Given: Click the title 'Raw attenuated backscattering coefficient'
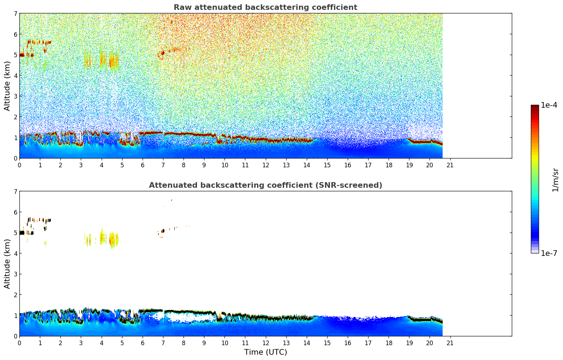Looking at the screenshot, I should pos(265,7).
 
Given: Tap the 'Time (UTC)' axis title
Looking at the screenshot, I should pos(265,352).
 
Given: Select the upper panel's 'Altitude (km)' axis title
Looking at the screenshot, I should pos(7,86).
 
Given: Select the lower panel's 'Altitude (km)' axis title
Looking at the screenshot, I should pos(7,264).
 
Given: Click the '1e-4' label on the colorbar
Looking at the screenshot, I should pos(549,105).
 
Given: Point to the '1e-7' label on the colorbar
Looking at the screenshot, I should pos(549,253).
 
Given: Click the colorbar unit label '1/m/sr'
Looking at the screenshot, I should pos(555,180).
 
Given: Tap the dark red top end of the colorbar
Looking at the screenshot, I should pos(535,107).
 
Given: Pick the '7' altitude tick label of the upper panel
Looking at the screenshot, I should pos(15,14).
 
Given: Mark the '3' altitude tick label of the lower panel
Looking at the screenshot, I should pos(15,274).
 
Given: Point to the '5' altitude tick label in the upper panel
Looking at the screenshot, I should pos(15,55).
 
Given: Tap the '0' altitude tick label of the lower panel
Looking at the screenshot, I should pos(15,336).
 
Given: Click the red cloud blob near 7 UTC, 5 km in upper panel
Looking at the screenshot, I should pos(163,53).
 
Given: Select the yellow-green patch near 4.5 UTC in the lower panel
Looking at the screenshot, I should pos(113,240).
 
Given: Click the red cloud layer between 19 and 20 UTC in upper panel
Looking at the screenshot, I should pos(420,142).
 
